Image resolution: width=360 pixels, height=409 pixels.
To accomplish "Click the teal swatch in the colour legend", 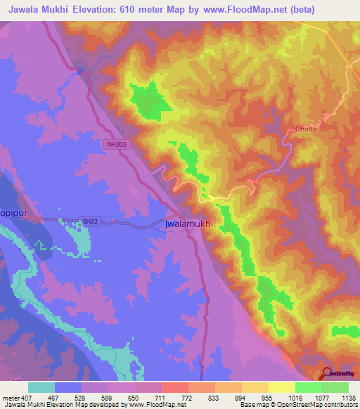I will click(41, 387).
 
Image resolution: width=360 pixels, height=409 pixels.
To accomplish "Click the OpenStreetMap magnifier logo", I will click(327, 376).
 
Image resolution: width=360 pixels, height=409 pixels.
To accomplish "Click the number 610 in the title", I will click(135, 9).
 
